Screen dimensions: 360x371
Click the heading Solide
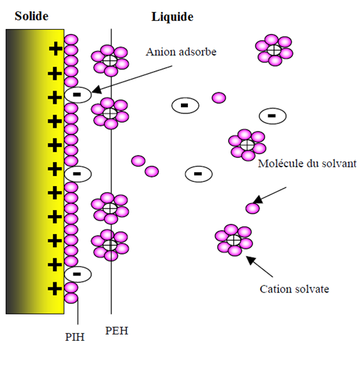(31, 16)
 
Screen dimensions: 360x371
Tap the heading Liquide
(172, 17)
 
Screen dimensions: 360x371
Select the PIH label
(75, 337)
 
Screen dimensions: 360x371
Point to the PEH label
(116, 331)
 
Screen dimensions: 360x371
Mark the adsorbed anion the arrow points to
(78, 95)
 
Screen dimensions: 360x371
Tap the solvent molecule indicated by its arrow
(253, 208)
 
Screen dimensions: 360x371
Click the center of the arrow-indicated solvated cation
(234, 240)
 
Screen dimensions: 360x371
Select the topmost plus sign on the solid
(55, 48)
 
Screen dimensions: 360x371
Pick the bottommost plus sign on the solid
(55, 289)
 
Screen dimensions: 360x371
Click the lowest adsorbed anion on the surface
(78, 274)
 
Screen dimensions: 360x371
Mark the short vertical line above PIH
(78, 311)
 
